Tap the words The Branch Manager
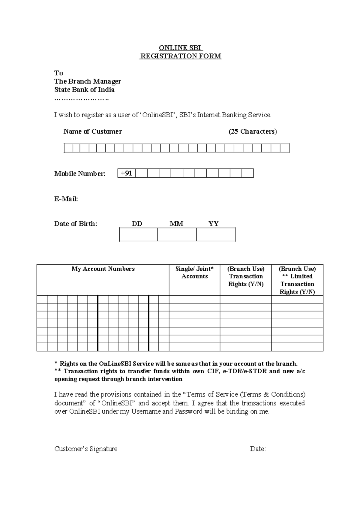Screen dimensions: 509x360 88,81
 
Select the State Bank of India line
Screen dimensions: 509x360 84,90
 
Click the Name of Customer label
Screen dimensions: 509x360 92,131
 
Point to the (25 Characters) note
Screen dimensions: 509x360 253,131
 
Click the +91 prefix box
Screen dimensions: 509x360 126,173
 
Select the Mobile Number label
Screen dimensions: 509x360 80,174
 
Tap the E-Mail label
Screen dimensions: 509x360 66,199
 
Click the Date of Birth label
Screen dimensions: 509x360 76,224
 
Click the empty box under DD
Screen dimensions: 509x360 138,234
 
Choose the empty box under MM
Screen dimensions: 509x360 177,234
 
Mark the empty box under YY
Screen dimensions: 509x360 216,234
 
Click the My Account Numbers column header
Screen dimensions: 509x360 103,269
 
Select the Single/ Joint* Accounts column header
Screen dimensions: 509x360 194,273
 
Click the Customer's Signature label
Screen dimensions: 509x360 86,449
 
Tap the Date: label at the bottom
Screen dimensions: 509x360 258,449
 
